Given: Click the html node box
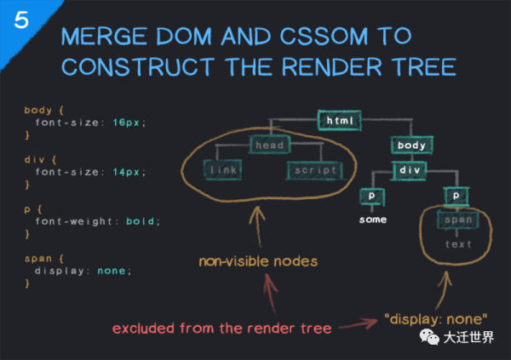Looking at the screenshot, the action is pyautogui.click(x=340, y=121).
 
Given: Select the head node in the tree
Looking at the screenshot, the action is pyautogui.click(x=269, y=145).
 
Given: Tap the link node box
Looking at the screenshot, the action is pyautogui.click(x=222, y=169).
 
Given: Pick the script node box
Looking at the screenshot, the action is pyautogui.click(x=315, y=170).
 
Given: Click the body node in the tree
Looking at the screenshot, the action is pyautogui.click(x=412, y=146).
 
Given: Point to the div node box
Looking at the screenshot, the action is pyautogui.click(x=410, y=170).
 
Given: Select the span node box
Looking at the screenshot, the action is pyautogui.click(x=458, y=220).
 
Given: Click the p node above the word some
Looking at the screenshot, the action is pyautogui.click(x=372, y=197).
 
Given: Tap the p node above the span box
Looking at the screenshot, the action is pyautogui.click(x=456, y=197).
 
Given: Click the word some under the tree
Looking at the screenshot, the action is pyautogui.click(x=373, y=220).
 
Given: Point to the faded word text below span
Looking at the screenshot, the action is pyautogui.click(x=458, y=244).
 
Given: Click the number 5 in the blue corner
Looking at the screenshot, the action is pyautogui.click(x=21, y=20).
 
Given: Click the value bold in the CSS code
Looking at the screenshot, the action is pyautogui.click(x=141, y=221).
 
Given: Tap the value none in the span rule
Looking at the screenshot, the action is pyautogui.click(x=112, y=271).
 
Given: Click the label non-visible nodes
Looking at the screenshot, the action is pyautogui.click(x=258, y=261).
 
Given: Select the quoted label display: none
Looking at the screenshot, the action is pyautogui.click(x=436, y=319).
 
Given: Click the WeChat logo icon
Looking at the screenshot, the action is pyautogui.click(x=429, y=337).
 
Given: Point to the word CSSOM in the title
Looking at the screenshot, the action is pyautogui.click(x=324, y=36).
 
